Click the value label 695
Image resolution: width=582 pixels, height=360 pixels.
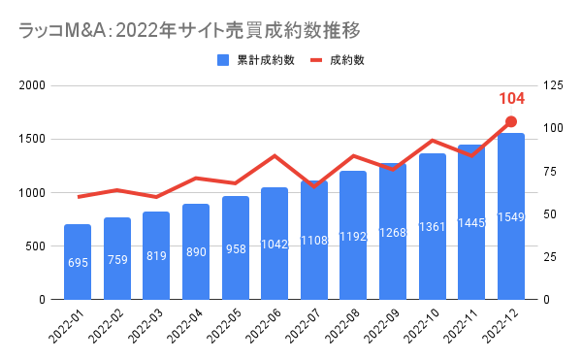(78, 263)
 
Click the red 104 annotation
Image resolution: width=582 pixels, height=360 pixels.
(511, 99)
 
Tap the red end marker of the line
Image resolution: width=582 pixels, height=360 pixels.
(511, 122)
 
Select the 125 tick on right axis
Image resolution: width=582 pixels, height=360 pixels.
(554, 85)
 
